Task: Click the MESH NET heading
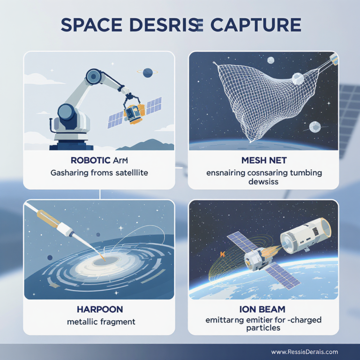[x=263, y=159]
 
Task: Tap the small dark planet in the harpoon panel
[x=50, y=257]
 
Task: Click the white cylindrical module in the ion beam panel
[x=305, y=234]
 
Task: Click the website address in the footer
[x=305, y=352]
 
